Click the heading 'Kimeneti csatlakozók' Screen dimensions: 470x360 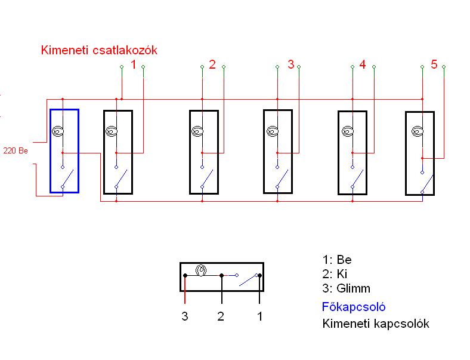[x=99, y=50]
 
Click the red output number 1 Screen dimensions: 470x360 [x=134, y=64]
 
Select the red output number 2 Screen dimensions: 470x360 [x=212, y=64]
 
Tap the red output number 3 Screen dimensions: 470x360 [x=290, y=64]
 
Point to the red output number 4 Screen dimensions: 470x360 [x=362, y=64]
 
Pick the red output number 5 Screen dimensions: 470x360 [x=434, y=64]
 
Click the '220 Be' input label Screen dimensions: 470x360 [x=16, y=150]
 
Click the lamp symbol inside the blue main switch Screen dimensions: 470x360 [x=58, y=131]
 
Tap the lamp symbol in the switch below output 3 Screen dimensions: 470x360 [x=273, y=131]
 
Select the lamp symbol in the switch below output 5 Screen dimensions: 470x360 [x=418, y=131]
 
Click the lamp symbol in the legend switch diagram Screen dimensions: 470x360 [x=202, y=271]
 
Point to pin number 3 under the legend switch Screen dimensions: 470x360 [x=185, y=316]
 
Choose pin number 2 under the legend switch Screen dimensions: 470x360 [x=221, y=316]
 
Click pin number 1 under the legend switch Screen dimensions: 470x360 [x=259, y=316]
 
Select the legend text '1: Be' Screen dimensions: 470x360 [x=337, y=260]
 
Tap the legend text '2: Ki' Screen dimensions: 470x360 [x=334, y=274]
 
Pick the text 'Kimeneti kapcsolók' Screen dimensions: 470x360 [x=375, y=324]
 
